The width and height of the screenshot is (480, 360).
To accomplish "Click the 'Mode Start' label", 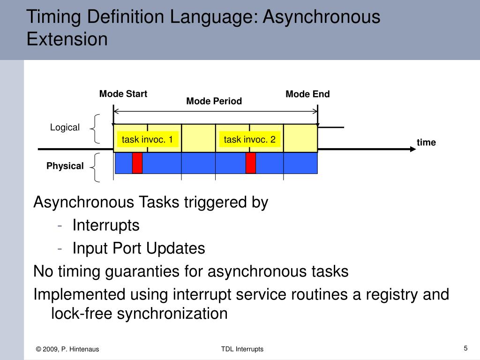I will click(123, 94).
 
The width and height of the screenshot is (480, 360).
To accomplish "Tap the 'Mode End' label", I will click(307, 94).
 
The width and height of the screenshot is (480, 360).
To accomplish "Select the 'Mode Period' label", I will click(214, 101).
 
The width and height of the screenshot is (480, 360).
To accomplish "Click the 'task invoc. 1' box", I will click(147, 140).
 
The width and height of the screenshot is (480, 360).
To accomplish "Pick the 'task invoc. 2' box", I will click(249, 140).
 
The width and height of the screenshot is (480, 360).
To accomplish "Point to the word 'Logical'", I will click(65, 127).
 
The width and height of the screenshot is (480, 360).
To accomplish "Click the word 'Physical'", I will click(65, 166).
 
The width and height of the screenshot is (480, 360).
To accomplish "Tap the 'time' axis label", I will click(426, 142).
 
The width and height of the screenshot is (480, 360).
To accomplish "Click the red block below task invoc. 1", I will click(137, 163).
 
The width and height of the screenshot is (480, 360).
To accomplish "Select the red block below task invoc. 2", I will click(251, 163).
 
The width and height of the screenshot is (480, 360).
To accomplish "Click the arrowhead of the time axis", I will click(412, 149).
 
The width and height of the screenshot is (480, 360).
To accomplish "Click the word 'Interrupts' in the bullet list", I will click(106, 225).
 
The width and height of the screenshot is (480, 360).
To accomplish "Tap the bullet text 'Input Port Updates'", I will click(139, 248).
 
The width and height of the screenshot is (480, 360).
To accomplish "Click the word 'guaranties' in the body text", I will click(150, 271).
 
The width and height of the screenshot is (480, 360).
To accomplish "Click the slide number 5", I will click(465, 348).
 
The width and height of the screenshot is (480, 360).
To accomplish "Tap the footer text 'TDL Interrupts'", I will click(242, 349).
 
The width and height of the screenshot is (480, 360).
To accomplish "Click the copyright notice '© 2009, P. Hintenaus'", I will click(67, 349).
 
